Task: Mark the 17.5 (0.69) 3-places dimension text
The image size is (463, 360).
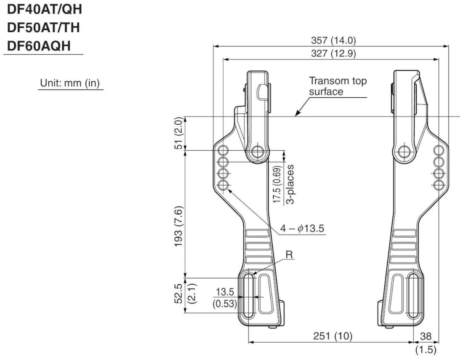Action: click(282, 184)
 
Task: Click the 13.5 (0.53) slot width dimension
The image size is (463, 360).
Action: click(226, 298)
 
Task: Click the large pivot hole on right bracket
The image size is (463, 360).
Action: click(404, 151)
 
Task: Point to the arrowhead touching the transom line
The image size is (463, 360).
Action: click(297, 114)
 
